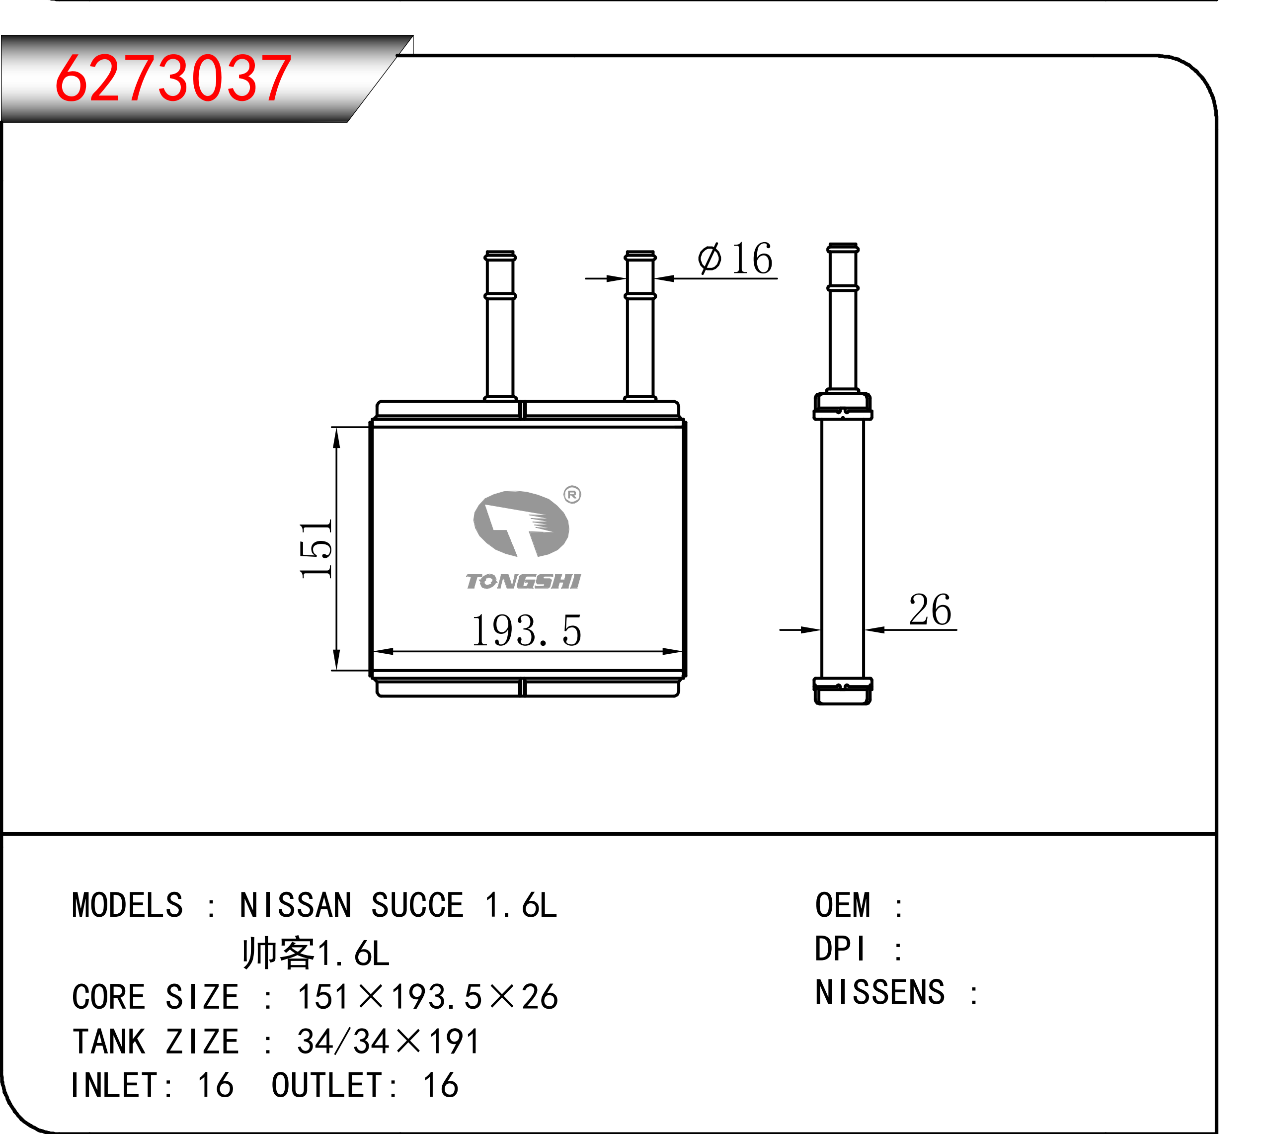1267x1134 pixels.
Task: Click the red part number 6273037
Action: [x=172, y=78]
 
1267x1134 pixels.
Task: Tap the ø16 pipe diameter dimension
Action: [x=735, y=258]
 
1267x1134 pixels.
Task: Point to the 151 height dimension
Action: [x=317, y=549]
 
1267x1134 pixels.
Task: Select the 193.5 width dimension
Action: [x=526, y=630]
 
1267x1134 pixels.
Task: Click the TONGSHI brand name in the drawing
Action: [x=523, y=581]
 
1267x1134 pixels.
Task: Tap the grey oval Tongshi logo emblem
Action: [x=521, y=523]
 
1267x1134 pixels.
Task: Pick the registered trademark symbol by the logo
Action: [x=572, y=495]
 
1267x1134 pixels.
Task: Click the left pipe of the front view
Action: [x=500, y=325]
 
